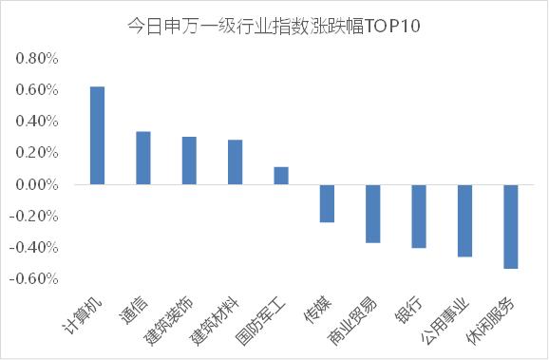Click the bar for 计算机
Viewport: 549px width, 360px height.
tap(97, 135)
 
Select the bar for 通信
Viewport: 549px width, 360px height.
tap(143, 158)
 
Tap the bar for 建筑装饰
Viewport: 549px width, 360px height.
tap(189, 161)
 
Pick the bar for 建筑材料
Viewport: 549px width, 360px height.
tap(235, 161)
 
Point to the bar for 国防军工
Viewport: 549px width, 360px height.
tap(281, 175)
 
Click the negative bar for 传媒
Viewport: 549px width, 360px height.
tap(327, 203)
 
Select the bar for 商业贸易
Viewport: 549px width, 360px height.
tap(373, 214)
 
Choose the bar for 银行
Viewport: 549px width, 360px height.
tap(419, 216)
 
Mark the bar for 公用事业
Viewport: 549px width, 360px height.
tap(464, 220)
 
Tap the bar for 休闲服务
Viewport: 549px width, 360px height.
tap(511, 226)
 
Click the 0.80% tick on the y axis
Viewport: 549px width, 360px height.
tap(37, 59)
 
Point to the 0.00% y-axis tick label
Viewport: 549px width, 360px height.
tap(37, 184)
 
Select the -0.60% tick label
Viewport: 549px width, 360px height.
tap(35, 278)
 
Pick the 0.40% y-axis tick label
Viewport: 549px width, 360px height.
tap(37, 122)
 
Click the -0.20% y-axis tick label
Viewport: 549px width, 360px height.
tap(35, 216)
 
